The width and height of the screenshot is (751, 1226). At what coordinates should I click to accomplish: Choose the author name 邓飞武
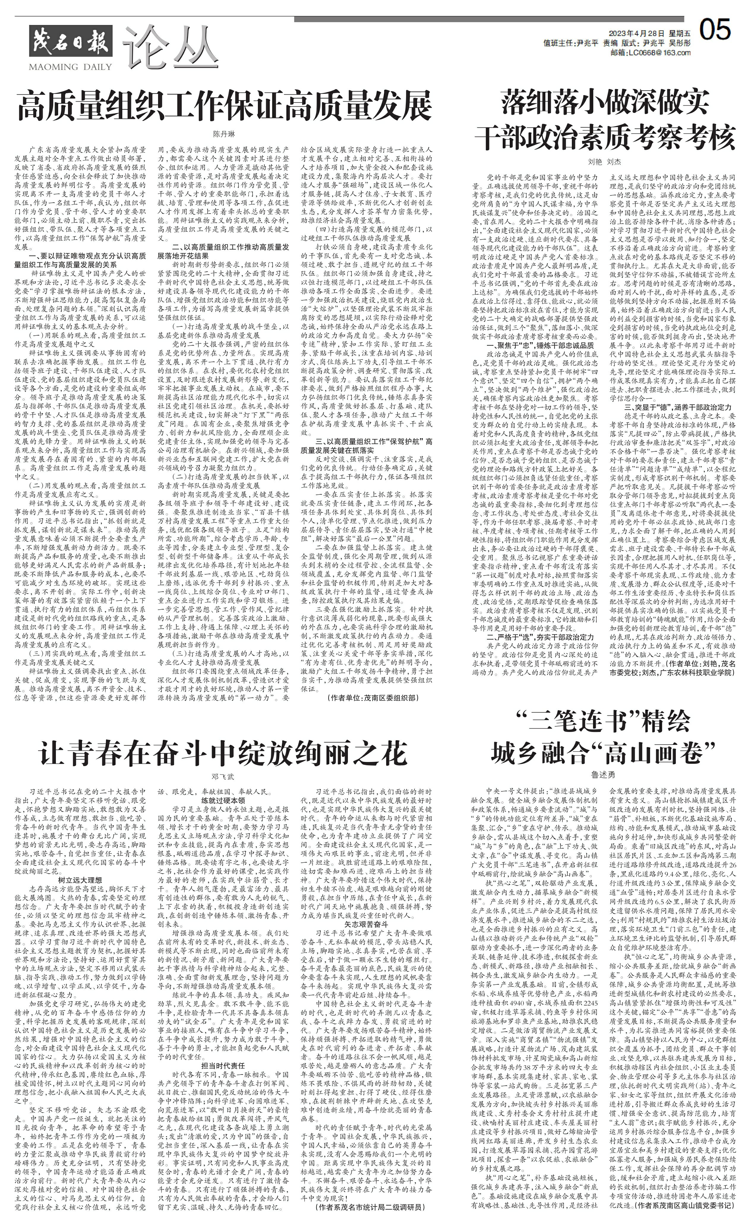[223, 777]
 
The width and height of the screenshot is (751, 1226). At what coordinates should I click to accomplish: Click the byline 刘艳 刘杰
[605, 162]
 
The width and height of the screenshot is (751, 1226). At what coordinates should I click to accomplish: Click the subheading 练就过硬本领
[223, 801]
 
